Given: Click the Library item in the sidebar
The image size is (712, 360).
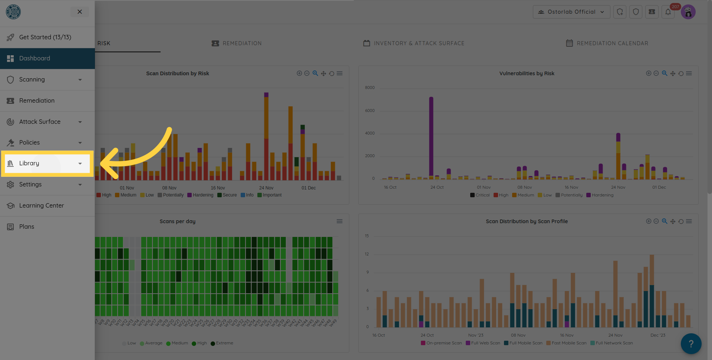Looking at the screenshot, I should click(x=29, y=164).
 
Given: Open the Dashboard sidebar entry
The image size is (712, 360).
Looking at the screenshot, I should click(x=34, y=59).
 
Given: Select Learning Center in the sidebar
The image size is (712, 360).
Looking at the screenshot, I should click(x=41, y=206).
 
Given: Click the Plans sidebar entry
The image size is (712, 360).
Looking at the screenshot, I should click(x=26, y=227).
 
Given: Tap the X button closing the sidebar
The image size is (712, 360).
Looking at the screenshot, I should click(x=80, y=12).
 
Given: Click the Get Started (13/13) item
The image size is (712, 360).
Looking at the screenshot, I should click(x=45, y=37).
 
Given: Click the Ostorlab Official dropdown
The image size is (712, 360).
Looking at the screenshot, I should click(x=571, y=12).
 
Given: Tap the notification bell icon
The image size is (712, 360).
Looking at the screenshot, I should click(x=668, y=12).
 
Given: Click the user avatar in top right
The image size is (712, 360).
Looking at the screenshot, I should click(x=688, y=12).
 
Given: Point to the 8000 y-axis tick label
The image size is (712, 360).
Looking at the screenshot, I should click(x=370, y=88).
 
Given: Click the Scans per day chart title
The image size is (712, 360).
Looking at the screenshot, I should click(x=177, y=221).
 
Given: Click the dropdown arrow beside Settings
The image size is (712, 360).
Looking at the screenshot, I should click(x=80, y=185).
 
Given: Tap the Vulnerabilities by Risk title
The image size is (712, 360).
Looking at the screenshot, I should click(x=527, y=73).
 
